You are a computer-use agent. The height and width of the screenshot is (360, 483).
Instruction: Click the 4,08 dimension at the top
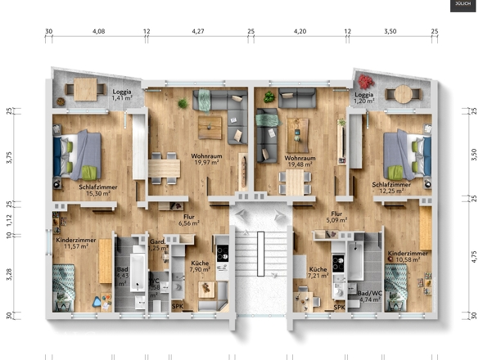pyautogui.click(x=98, y=31)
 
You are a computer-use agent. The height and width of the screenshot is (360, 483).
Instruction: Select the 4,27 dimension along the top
pyautogui.click(x=197, y=31)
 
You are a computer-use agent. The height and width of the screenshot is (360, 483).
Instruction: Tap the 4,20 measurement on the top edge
pyautogui.click(x=300, y=31)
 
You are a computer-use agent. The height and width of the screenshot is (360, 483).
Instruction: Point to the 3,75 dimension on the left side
pyautogui.click(x=10, y=158)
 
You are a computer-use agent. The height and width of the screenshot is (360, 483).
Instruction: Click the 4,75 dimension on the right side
pyautogui.click(x=473, y=258)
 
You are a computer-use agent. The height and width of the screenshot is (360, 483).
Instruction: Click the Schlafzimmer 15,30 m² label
pyautogui.click(x=96, y=191)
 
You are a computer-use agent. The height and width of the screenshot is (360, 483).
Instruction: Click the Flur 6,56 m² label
pyautogui.click(x=190, y=219)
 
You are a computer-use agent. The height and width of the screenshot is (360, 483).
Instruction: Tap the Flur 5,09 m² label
pyautogui.click(x=336, y=217)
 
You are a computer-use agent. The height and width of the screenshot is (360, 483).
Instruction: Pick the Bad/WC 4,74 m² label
pyautogui.click(x=368, y=296)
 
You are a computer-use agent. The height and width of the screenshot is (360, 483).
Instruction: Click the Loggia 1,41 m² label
pyautogui.click(x=123, y=96)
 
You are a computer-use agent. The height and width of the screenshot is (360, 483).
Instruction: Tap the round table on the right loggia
pyautogui.click(x=399, y=93)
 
